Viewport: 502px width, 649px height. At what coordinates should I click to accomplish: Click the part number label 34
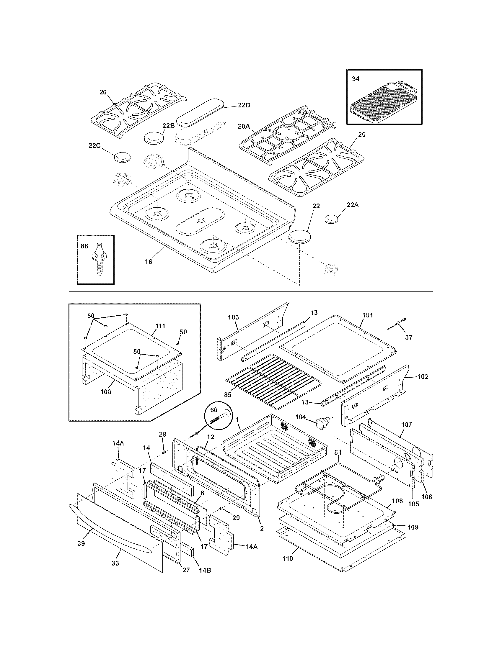click(356, 79)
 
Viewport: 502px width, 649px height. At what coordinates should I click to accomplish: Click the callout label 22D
click(244, 105)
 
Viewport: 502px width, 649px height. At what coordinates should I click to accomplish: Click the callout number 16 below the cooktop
click(149, 261)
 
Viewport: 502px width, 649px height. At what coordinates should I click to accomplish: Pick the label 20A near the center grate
click(244, 126)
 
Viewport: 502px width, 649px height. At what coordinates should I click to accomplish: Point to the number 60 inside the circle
click(214, 410)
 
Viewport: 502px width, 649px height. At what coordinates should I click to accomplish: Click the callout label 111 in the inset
click(160, 326)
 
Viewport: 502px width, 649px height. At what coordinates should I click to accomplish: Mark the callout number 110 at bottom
click(288, 558)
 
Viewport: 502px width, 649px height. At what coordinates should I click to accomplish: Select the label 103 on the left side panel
click(234, 317)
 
